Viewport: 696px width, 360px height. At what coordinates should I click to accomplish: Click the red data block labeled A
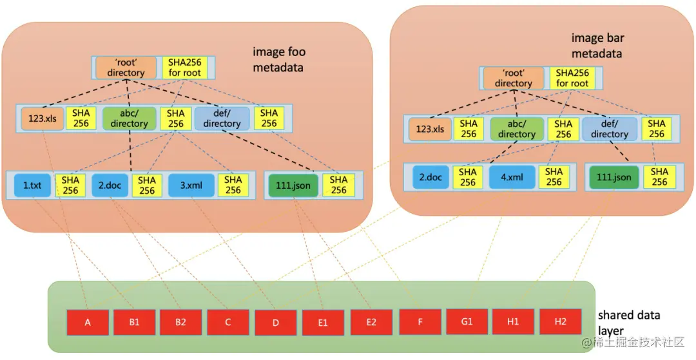[x=87, y=322]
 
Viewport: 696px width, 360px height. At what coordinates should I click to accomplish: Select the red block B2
[x=181, y=322]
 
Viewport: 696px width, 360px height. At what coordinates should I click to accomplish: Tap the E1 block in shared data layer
[x=323, y=323]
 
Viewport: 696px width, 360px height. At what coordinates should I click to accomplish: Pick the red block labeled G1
[x=467, y=321]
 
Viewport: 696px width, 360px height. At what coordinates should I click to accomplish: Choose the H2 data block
[x=561, y=321]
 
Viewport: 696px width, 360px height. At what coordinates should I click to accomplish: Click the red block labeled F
[x=420, y=321]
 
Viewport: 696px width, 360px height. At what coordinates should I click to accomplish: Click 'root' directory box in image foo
[x=126, y=68]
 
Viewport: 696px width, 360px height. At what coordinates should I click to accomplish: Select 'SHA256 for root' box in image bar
[x=572, y=79]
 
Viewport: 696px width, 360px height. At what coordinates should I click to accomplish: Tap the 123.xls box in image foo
[x=43, y=118]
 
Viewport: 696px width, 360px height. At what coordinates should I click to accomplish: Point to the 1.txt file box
[x=32, y=185]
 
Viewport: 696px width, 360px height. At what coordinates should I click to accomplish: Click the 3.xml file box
[x=191, y=185]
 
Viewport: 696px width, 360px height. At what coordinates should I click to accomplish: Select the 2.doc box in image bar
[x=430, y=177]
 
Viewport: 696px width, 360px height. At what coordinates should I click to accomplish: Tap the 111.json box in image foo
[x=292, y=185]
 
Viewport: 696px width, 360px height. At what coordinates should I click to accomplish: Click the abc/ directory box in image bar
[x=516, y=129]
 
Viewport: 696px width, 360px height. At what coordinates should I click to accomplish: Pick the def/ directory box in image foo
[x=221, y=118]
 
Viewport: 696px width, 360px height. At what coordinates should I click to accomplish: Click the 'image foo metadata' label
[x=279, y=59]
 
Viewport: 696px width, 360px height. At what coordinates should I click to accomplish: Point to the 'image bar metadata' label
[x=597, y=46]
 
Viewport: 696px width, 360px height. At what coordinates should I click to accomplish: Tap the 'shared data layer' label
[x=629, y=322]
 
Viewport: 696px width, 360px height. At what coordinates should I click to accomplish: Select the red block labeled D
[x=275, y=323]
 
